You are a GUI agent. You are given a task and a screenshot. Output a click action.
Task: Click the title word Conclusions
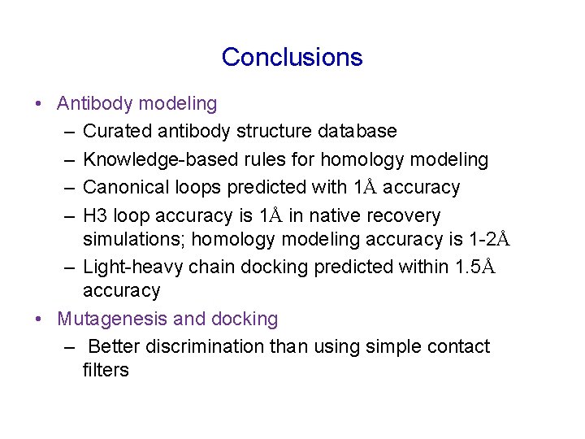[292, 57]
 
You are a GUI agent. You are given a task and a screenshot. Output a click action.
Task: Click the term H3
[95, 216]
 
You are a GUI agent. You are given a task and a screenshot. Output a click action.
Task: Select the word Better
[115, 347]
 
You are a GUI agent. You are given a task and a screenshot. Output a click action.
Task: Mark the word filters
[106, 370]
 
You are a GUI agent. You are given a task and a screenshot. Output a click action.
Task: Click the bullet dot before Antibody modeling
[39, 104]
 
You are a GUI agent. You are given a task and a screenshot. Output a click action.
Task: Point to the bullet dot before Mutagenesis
[39, 319]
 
